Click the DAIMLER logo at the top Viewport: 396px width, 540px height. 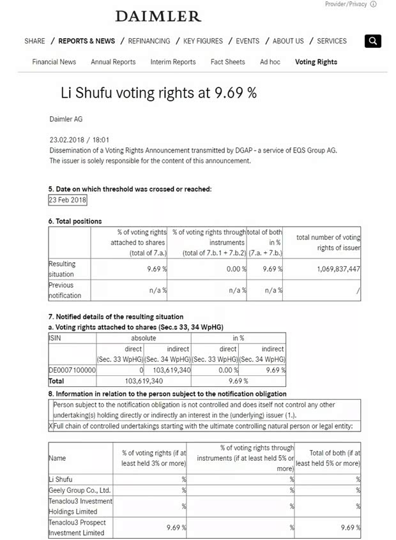158,16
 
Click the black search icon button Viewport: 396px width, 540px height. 373,41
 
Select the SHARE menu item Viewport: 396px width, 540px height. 34,41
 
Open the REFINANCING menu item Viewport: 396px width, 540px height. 149,41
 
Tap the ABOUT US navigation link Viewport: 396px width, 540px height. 288,41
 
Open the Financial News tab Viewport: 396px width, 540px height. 54,62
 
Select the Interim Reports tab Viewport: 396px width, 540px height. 173,62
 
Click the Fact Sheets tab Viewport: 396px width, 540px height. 227,62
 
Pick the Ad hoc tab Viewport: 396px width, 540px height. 270,62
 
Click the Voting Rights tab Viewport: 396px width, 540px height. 316,62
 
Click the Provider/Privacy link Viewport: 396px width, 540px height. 346,4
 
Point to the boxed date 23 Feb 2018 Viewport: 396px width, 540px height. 67,200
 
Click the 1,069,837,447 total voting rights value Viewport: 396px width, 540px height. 338,269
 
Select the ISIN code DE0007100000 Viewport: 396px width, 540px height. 72,370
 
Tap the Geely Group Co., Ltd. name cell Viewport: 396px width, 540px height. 79,490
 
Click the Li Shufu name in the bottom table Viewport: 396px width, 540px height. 61,479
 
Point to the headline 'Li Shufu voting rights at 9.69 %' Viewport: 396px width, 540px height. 158,93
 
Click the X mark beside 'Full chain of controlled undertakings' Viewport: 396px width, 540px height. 51,426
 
